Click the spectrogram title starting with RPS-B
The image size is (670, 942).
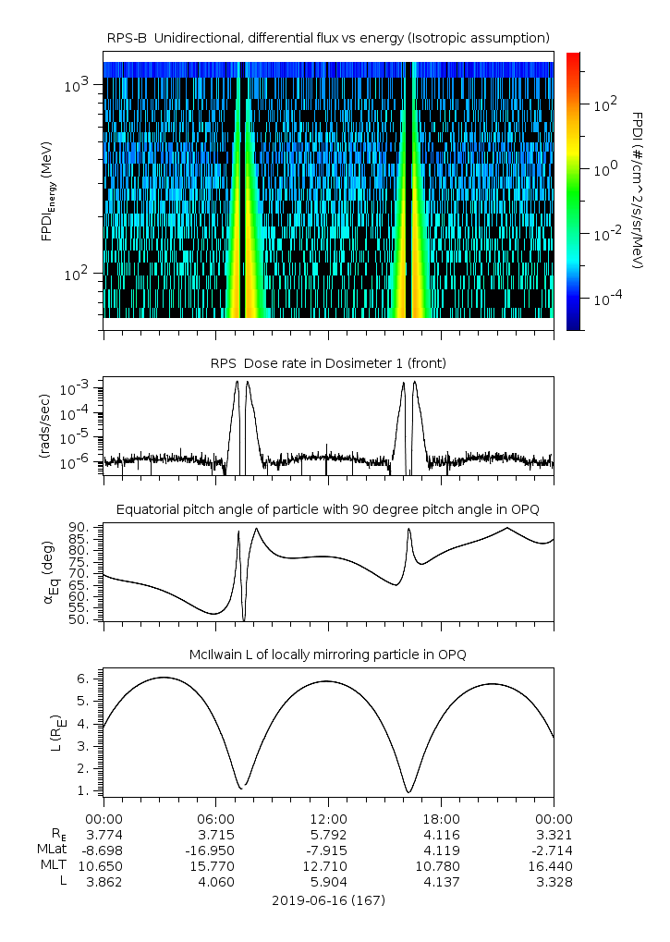click(329, 37)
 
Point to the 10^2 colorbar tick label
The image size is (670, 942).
click(604, 104)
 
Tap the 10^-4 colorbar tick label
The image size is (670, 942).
click(604, 299)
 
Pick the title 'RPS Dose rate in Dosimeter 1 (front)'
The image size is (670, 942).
click(329, 363)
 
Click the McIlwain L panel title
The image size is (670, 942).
click(329, 655)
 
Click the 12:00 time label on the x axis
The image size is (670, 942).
click(329, 819)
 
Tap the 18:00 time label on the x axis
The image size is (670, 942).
click(442, 819)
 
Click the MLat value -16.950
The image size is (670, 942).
click(216, 850)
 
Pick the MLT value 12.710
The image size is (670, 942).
click(329, 866)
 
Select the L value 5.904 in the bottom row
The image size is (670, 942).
click(329, 882)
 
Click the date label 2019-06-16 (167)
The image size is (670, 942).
click(329, 900)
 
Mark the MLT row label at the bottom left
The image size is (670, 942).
click(50, 866)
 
